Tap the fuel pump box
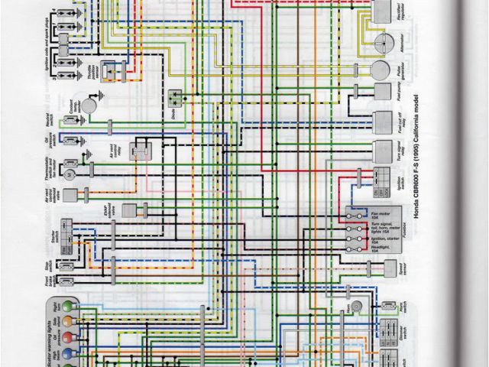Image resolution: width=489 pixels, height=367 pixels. coord(382,97)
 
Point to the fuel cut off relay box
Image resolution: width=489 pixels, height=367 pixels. coord(381,121)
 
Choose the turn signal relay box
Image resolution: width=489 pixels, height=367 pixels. coord(381,149)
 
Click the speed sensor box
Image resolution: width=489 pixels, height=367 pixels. coord(380,270)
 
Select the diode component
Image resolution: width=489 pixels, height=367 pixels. coord(177,96)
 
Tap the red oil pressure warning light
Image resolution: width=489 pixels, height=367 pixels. coord(69,336)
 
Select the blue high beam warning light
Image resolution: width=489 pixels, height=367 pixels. coord(69,352)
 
